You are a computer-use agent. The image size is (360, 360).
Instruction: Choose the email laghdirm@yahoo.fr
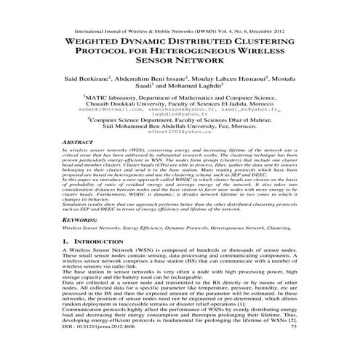coord(180,113)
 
